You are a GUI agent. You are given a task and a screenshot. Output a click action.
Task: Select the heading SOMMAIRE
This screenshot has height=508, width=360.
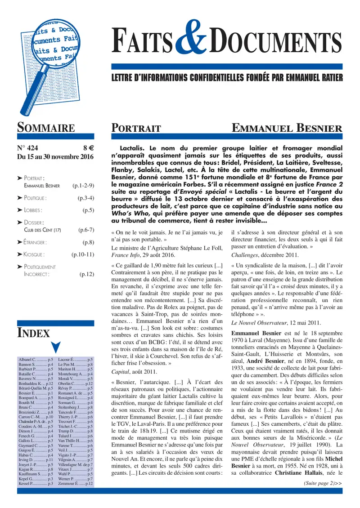(45, 128)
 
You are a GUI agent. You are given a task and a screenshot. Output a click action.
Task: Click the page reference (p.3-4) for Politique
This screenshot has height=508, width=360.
(85, 198)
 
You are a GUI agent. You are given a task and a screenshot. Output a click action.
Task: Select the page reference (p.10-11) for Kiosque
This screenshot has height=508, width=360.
(82, 254)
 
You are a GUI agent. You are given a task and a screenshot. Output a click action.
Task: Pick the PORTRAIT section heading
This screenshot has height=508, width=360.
(136, 129)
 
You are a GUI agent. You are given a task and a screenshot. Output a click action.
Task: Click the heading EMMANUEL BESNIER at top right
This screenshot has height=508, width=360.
(287, 129)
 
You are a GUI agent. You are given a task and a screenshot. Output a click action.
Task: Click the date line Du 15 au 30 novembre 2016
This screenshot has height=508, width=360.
(55, 157)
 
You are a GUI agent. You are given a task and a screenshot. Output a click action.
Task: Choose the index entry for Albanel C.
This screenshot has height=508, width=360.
(36, 360)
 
